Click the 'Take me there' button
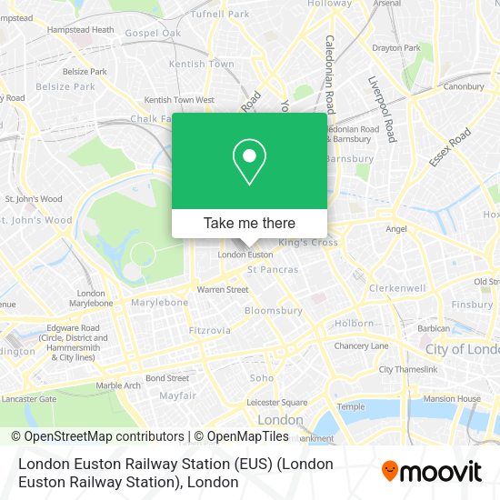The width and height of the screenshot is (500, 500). (249, 223)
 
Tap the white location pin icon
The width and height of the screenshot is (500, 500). (249, 161)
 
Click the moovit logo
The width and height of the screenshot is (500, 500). (432, 471)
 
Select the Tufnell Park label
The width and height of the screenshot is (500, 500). (220, 15)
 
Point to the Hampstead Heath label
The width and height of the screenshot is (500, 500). (81, 30)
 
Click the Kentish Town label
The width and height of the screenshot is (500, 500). (200, 65)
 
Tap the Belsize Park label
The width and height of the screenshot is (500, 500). (65, 87)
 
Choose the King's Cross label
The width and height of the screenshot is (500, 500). (307, 243)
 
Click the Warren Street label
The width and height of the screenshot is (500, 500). (223, 290)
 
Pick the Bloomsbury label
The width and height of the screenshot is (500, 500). (274, 310)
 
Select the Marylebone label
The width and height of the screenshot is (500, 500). (159, 302)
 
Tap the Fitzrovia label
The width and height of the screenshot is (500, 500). (210, 331)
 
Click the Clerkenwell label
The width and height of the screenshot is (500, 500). (397, 288)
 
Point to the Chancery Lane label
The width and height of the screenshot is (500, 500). (361, 346)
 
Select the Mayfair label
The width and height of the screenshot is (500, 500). (178, 395)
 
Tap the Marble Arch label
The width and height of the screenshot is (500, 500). (119, 385)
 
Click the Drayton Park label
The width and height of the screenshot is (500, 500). (396, 47)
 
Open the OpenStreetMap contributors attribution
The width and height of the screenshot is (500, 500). (97, 436)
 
